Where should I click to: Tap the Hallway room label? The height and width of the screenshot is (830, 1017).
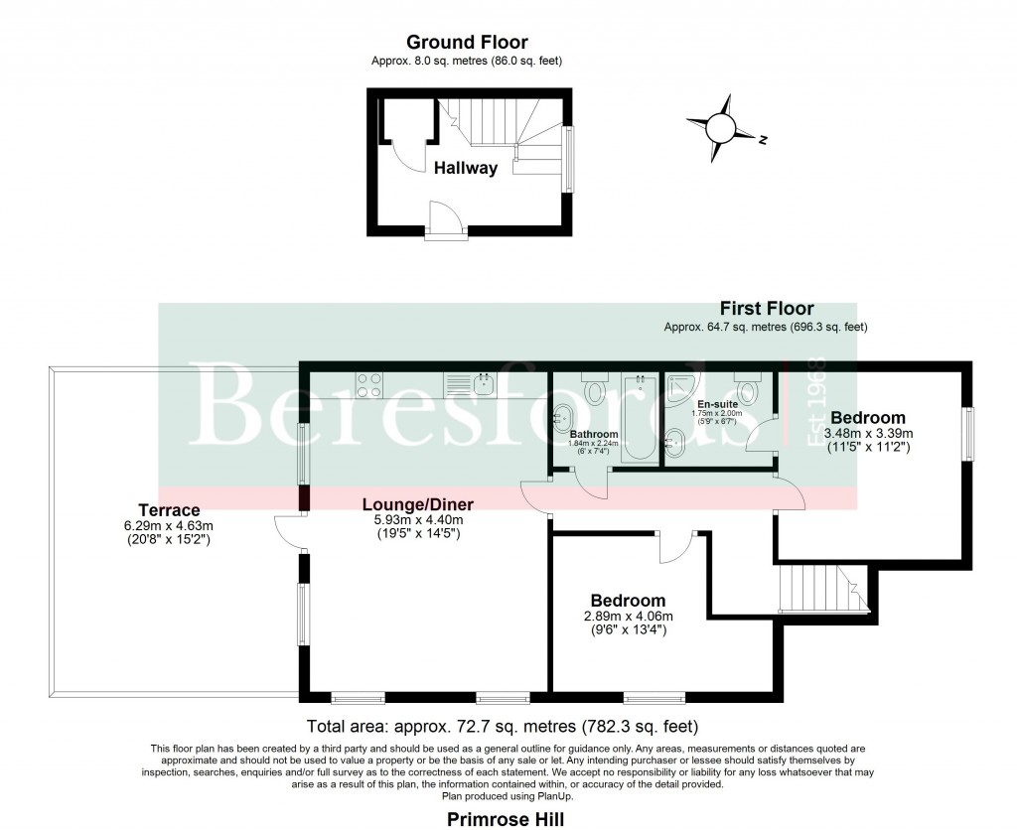pos(465,169)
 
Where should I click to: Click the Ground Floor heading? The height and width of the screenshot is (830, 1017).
pos(467,43)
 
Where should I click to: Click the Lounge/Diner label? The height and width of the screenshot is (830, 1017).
pos(417,503)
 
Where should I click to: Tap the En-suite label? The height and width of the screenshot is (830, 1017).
pos(716,405)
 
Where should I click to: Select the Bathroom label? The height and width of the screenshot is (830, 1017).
pos(595,435)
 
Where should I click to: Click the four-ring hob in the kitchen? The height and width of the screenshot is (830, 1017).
pos(370,384)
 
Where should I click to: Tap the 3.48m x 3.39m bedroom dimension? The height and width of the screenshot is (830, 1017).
pos(867,434)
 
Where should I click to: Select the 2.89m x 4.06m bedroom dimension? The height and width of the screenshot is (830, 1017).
pos(627,617)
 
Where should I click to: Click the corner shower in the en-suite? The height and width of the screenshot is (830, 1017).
pos(684,388)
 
